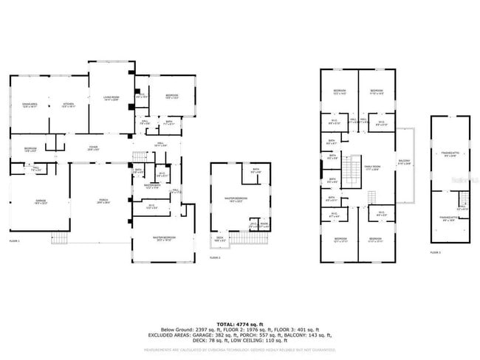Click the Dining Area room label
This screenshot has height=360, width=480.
pyautogui.click(x=30, y=105)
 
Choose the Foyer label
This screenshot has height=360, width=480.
pyautogui.click(x=93, y=148)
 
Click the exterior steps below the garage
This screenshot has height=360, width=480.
pyautogui.click(x=61, y=239)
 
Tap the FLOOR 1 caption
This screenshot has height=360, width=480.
pyautogui.click(x=14, y=241)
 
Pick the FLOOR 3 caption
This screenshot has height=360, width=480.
pyautogui.click(x=436, y=252)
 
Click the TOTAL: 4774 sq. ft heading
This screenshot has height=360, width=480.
pyautogui.click(x=240, y=324)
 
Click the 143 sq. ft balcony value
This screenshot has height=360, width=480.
pyautogui.click(x=322, y=336)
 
